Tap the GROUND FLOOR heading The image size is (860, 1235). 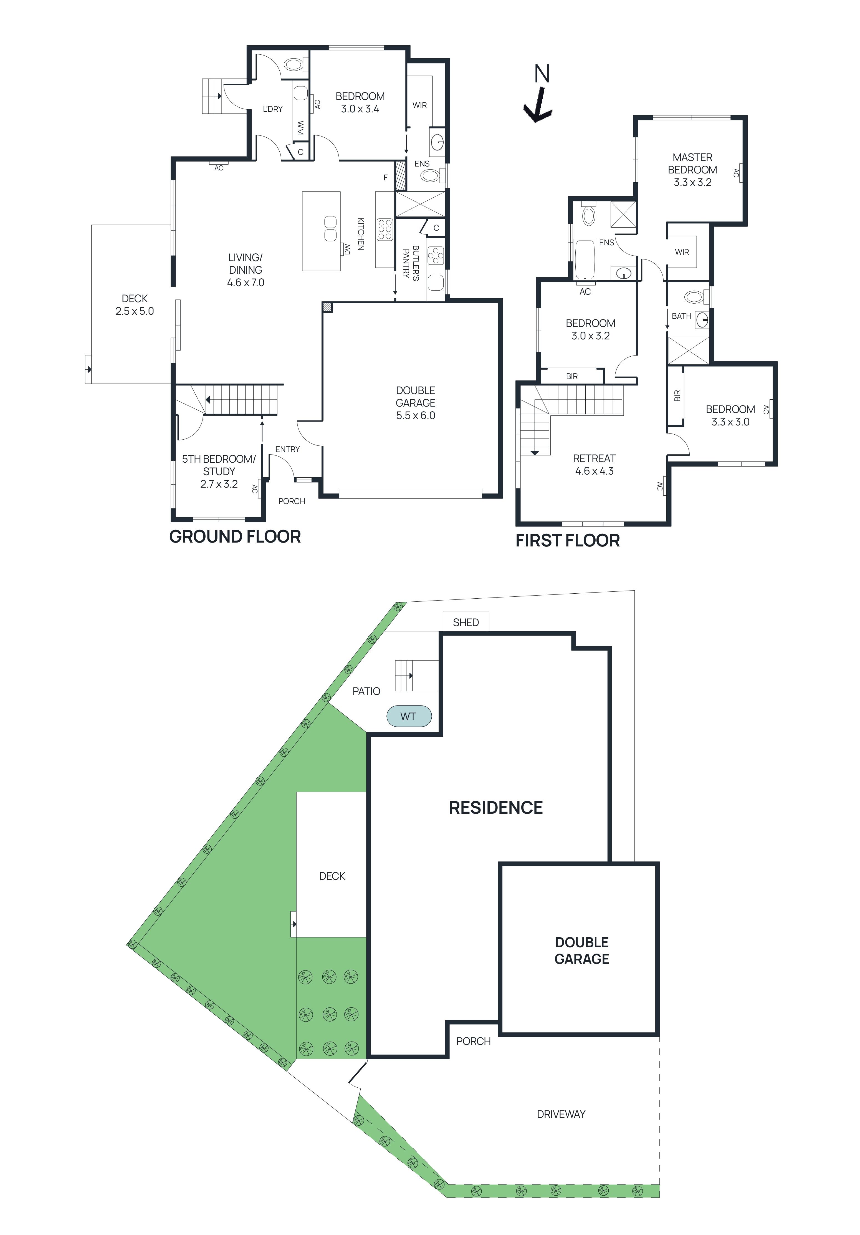pyautogui.click(x=235, y=536)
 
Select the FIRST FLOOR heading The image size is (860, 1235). pyautogui.click(x=567, y=540)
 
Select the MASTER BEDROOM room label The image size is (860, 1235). pyautogui.click(x=692, y=170)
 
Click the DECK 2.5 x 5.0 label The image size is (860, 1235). pyautogui.click(x=135, y=304)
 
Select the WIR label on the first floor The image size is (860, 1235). pyautogui.click(x=682, y=252)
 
